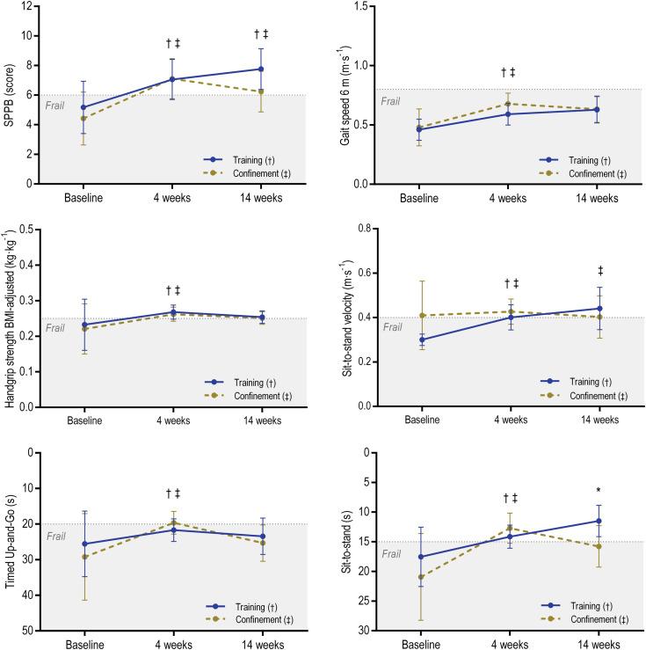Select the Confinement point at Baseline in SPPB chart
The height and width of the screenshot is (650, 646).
click(84, 118)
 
